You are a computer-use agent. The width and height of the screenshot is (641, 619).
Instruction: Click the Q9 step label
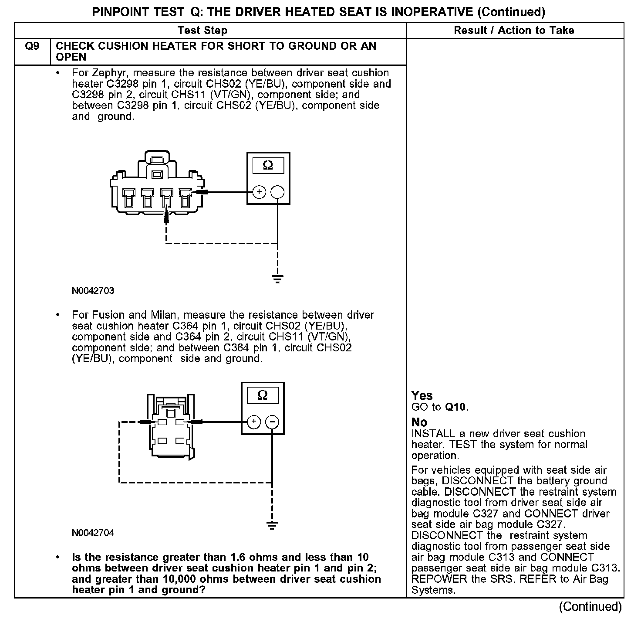click(x=32, y=46)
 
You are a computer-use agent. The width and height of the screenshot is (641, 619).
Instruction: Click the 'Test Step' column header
click(x=202, y=31)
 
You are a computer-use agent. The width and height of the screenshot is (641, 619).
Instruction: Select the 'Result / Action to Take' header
click(x=514, y=31)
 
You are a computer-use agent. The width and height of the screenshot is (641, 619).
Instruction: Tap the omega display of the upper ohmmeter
click(x=268, y=166)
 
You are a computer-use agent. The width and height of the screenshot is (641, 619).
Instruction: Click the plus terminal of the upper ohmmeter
click(x=259, y=192)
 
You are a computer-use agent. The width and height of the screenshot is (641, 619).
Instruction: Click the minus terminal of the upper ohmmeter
click(x=278, y=192)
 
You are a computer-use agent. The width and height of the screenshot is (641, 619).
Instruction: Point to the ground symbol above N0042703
click(x=277, y=278)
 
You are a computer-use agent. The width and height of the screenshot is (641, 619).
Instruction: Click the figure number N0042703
click(x=93, y=291)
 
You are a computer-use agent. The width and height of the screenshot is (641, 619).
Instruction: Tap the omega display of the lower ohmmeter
click(x=263, y=395)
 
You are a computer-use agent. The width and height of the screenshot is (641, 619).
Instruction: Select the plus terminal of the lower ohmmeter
click(x=253, y=422)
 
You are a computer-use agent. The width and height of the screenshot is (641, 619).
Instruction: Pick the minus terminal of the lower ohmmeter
click(x=272, y=422)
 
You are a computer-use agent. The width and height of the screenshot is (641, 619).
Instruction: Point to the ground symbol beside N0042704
click(x=272, y=525)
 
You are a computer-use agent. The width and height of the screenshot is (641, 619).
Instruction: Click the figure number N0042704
click(x=93, y=533)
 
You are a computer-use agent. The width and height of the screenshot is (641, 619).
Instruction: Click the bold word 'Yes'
click(x=422, y=396)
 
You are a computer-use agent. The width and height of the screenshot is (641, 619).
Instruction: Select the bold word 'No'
click(x=419, y=422)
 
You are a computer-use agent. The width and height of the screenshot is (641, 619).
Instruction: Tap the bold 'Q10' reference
click(x=455, y=407)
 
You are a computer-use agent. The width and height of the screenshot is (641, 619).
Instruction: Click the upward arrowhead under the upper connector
click(x=166, y=217)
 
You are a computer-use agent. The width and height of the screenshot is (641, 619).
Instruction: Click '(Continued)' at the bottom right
click(x=590, y=607)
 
